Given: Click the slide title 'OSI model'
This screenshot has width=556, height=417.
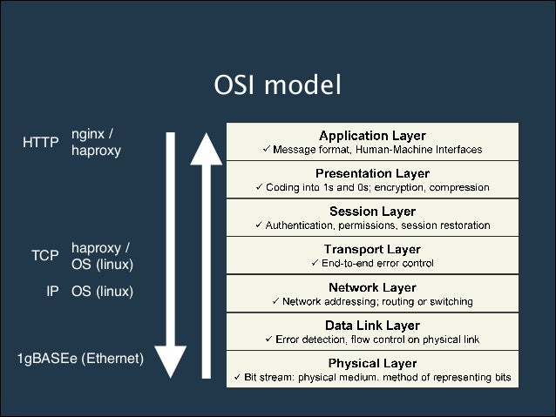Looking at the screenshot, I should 277,85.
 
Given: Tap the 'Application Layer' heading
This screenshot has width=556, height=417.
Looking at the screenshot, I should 372,136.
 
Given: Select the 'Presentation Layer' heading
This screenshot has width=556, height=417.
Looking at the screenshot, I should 372,173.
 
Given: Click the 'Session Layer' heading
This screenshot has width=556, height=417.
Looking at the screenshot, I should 372,212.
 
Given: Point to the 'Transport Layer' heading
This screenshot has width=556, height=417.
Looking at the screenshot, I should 372,250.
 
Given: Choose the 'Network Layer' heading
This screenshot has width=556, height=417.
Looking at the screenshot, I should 372,287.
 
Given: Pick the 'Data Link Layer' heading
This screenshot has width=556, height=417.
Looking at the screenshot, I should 372,325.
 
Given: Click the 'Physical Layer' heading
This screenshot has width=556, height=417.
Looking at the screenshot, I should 372,363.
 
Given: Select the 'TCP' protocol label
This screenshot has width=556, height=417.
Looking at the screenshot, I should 44,256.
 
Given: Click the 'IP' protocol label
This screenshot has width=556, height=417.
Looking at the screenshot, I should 52,292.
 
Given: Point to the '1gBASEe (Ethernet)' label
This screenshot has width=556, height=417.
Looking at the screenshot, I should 80,358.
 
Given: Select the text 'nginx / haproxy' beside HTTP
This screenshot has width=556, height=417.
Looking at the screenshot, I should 96,142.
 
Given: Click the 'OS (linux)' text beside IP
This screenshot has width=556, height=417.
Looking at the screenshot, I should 102,292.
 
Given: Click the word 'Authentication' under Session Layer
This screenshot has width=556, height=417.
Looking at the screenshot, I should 299,225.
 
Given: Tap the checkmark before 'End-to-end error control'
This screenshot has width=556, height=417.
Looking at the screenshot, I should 315,263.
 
